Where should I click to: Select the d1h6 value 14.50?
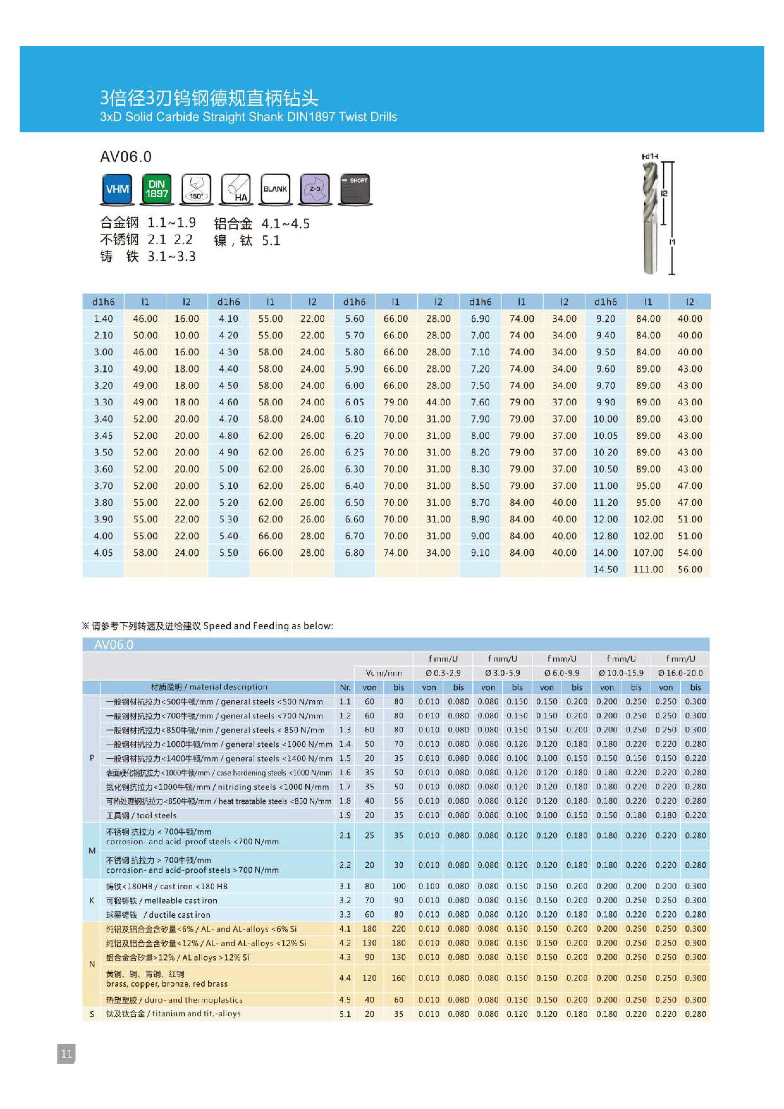tap(605, 570)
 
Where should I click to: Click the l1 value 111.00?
tap(648, 570)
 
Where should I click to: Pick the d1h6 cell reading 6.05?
tap(354, 402)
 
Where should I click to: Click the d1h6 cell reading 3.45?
tap(103, 436)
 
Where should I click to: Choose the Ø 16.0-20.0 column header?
tap(680, 673)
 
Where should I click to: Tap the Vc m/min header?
tap(384, 673)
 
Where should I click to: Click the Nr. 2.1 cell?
tap(345, 835)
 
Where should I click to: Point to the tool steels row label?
tap(141, 815)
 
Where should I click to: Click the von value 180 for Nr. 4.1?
tap(369, 928)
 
